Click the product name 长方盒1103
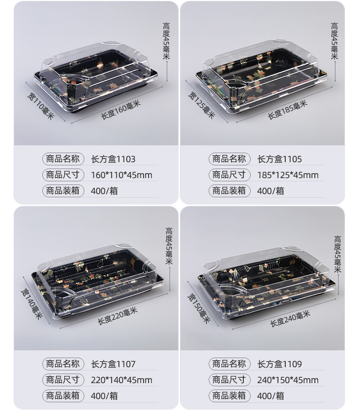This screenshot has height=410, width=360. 113,159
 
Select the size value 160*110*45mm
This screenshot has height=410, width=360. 121,175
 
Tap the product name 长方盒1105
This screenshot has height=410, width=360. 279,159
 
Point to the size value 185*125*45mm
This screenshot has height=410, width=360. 288,175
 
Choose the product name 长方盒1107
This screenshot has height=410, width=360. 113,364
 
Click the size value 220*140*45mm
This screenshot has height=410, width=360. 121,380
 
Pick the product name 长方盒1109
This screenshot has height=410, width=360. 279,364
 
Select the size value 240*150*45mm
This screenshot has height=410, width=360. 288,380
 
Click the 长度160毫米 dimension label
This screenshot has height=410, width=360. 120,110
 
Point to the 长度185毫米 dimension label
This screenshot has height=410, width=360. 287,110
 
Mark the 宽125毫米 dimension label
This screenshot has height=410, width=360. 201,105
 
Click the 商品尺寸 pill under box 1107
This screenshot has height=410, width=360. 63,379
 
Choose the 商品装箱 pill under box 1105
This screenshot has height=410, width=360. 229,190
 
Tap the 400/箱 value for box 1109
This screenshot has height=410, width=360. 270,396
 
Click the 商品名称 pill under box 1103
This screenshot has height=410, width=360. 63,159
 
